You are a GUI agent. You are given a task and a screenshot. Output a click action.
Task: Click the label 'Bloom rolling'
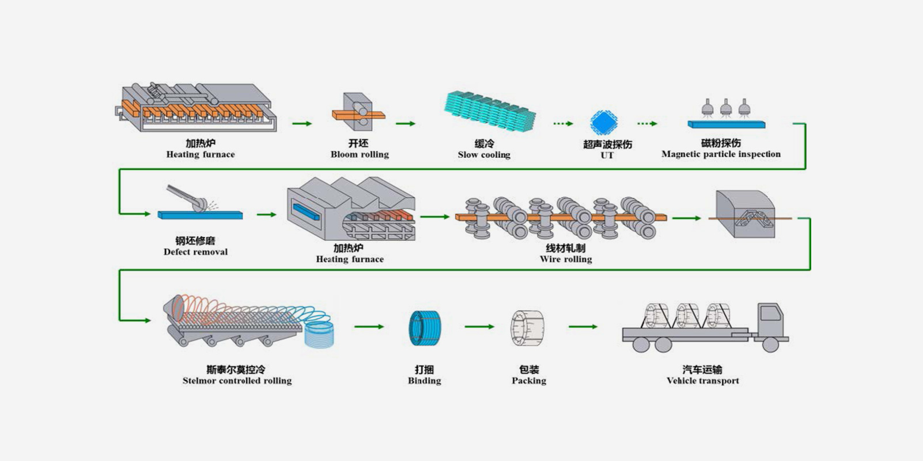coord(360,154)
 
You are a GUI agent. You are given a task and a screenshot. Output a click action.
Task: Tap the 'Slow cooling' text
coord(484,154)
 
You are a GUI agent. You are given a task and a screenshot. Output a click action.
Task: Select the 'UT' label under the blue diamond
coord(607,155)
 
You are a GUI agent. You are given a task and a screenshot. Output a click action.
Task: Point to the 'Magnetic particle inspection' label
coord(721,154)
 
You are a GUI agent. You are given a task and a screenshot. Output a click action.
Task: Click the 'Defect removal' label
coord(195,252)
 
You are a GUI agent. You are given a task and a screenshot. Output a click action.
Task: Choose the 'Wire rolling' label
coord(566,259)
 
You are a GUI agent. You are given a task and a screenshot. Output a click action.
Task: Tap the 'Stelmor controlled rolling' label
coord(237,380)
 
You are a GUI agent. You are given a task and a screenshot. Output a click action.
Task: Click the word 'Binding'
coord(424,380)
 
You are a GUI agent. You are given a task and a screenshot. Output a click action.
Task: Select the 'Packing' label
coord(528,380)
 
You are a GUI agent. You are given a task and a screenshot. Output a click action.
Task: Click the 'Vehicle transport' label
coord(702,380)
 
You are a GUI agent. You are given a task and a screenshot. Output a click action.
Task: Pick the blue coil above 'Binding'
coord(425,328)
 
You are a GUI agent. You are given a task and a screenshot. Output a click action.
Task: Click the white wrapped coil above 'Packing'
coord(527,328)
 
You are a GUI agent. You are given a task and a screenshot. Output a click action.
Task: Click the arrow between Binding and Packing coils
coord(479,327)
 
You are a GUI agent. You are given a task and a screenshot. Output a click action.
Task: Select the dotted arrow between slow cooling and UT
coord(563,123)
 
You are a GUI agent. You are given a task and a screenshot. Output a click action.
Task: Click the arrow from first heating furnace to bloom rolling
coord(302,123)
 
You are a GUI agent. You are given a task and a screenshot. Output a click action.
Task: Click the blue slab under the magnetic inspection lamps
coord(726,124)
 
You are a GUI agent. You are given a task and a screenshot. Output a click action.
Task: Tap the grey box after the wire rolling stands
coord(745,214)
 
